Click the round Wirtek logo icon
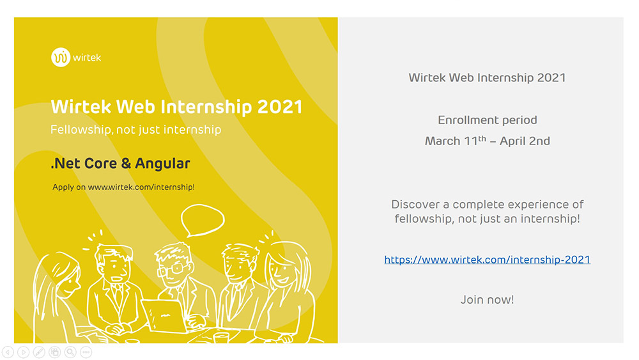[61, 57]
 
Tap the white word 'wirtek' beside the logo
[87, 58]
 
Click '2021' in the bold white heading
[280, 107]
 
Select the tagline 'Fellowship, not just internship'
[135, 130]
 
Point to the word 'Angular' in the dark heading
[162, 164]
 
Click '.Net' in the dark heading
[63, 164]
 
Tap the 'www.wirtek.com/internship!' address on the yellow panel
[141, 187]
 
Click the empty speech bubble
[203, 220]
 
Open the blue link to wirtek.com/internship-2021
[487, 260]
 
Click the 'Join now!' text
[487, 300]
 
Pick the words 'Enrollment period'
[488, 120]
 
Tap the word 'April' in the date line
[512, 141]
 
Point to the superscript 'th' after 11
[482, 139]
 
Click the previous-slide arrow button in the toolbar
[8, 352]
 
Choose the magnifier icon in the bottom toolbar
[70, 352]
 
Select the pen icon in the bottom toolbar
[39, 352]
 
